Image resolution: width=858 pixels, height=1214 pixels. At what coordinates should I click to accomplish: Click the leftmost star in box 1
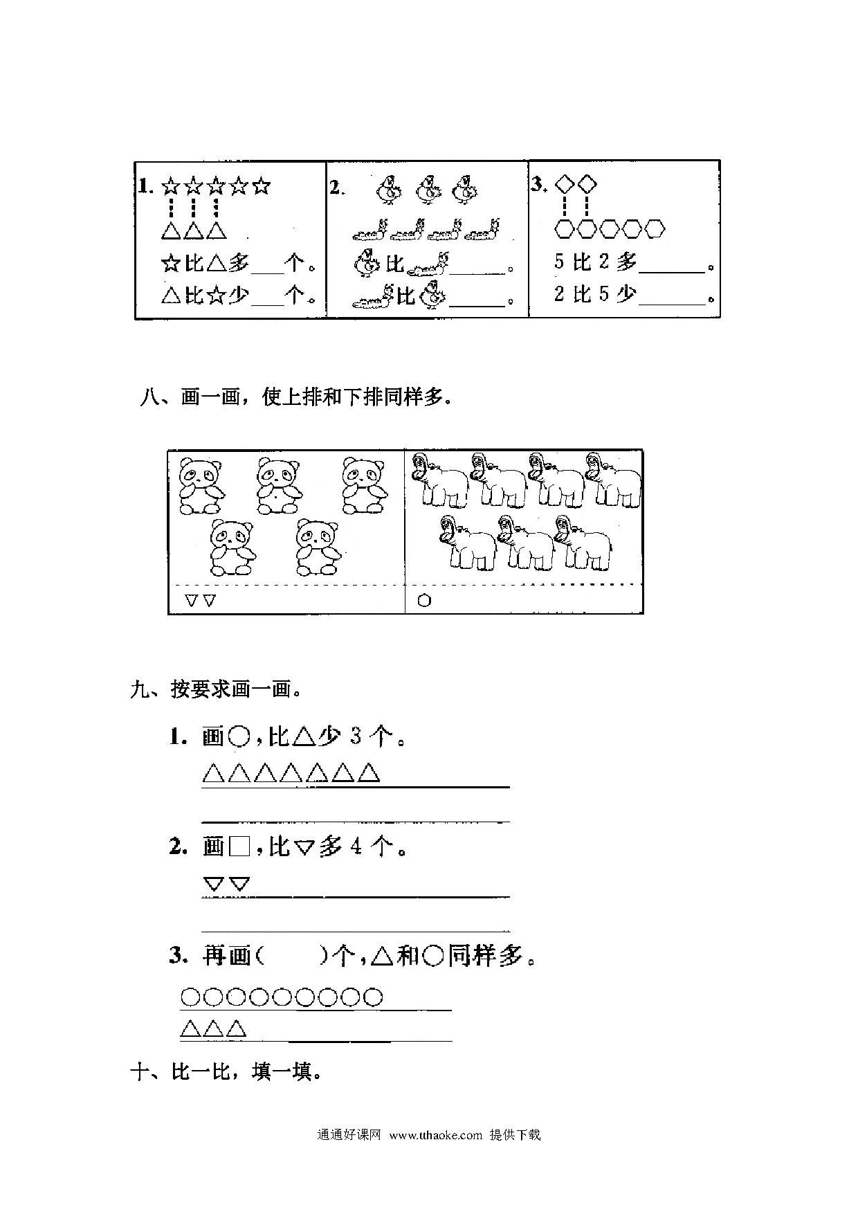pyautogui.click(x=170, y=187)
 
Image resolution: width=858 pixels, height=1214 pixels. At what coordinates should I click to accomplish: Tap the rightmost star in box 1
pyautogui.click(x=261, y=187)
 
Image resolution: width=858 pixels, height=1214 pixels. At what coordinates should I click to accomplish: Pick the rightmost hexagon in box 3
pyautogui.click(x=655, y=228)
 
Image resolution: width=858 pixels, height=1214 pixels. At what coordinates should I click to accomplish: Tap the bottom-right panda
pyautogui.click(x=318, y=547)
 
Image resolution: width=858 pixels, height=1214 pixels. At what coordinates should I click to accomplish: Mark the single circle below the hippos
pyautogui.click(x=424, y=600)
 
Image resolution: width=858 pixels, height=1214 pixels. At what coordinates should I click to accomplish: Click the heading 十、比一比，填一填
pyautogui.click(x=226, y=1073)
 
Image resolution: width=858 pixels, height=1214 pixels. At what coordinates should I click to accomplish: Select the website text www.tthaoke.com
pyautogui.click(x=435, y=1134)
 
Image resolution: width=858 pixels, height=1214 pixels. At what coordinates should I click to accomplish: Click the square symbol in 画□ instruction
pyautogui.click(x=239, y=846)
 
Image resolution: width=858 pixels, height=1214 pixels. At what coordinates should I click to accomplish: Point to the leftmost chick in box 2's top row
pyautogui.click(x=387, y=190)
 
